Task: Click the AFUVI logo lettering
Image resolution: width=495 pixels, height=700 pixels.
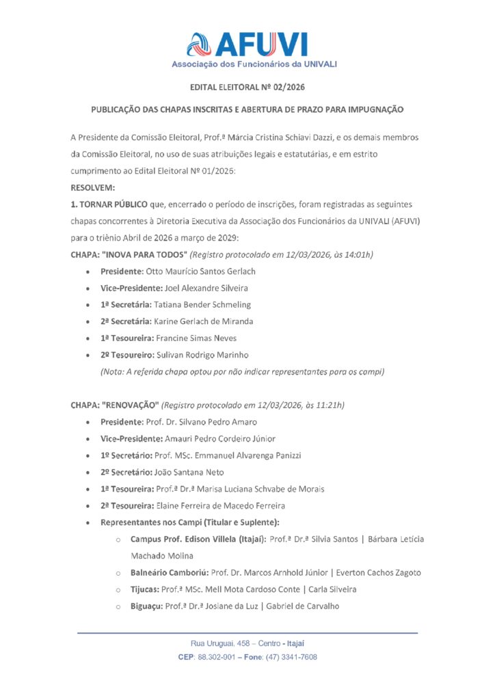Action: coord(260,44)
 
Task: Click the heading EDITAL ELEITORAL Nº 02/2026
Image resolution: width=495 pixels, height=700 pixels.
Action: coord(247,87)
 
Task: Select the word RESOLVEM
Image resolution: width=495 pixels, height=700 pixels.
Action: coord(93,187)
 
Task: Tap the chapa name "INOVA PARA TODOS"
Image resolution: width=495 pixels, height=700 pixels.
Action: coord(144,254)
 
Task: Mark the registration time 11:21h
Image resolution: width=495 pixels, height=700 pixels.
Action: coord(330,405)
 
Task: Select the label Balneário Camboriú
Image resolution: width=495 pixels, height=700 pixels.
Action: coord(168,573)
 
